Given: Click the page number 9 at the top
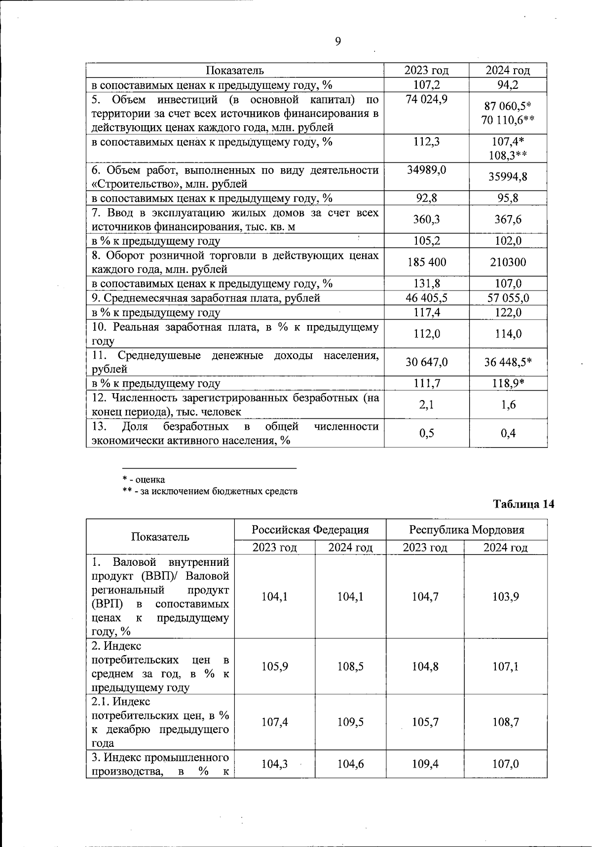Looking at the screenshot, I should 338,42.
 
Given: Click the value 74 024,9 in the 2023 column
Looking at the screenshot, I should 427,100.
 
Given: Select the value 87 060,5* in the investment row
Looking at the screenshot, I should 508,107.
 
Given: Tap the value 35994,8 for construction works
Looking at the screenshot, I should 508,177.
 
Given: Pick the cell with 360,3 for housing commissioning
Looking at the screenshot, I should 427,219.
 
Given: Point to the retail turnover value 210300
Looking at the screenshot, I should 508,262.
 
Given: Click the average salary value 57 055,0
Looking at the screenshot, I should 508,298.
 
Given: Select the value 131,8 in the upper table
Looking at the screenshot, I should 427,284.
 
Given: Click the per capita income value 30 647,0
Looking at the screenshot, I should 427,362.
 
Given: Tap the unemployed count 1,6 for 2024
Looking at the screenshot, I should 508,405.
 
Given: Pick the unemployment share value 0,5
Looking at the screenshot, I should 427,433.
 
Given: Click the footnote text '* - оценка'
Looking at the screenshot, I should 144,479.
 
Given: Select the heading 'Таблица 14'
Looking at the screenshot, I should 524,504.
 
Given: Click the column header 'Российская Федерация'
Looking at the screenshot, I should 310,530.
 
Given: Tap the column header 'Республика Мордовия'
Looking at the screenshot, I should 466,530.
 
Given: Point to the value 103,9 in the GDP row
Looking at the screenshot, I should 505,597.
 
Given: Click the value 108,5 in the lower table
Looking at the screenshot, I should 350,667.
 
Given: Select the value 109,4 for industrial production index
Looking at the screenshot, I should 425,764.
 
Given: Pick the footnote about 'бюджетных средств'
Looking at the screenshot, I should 210,491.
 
